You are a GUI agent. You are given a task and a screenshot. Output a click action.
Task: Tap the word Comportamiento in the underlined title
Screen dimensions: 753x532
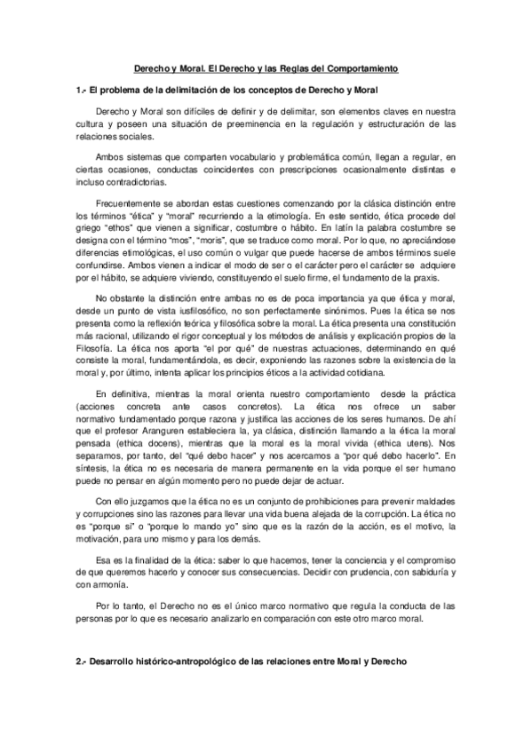coord(366,68)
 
